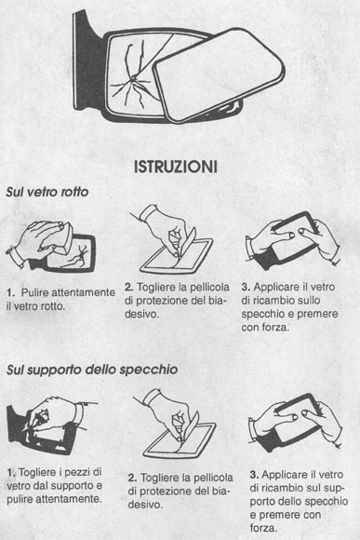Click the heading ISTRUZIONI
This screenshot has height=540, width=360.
tap(176, 167)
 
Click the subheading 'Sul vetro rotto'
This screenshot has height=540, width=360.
tap(47, 192)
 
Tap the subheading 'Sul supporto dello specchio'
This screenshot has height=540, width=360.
tap(92, 370)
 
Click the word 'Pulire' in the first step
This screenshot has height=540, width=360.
tap(35, 292)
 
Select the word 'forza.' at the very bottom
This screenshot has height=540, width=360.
tap(263, 528)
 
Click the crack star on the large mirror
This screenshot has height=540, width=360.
tap(132, 81)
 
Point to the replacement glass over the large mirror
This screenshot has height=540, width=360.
tap(219, 74)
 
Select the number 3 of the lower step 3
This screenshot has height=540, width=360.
tap(254, 475)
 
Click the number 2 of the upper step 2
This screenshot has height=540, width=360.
tap(128, 287)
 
